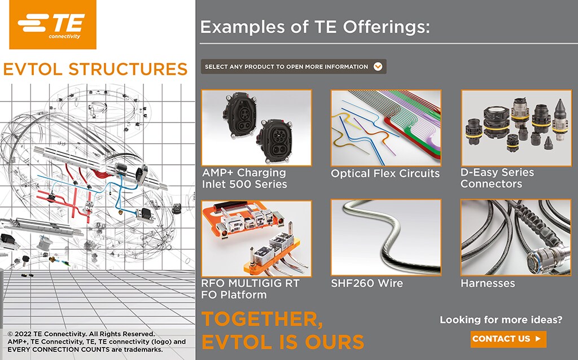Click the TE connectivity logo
(x=50, y=25)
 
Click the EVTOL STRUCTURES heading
(x=95, y=69)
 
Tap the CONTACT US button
(x=508, y=339)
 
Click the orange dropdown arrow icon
(x=378, y=67)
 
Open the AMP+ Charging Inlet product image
(x=256, y=128)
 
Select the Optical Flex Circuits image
(x=386, y=128)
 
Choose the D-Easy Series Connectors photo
(x=516, y=128)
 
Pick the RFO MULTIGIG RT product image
(x=256, y=238)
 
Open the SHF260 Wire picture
(x=386, y=238)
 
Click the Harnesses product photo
(x=516, y=238)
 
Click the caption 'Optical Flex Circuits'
(x=385, y=174)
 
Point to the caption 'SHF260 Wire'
(x=367, y=283)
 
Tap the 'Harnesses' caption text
(x=488, y=283)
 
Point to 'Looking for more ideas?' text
(x=501, y=320)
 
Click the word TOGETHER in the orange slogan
(x=262, y=319)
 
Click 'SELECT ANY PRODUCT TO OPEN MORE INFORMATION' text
(x=286, y=67)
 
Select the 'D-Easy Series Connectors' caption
(x=497, y=178)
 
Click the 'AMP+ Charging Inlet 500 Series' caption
(x=244, y=178)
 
